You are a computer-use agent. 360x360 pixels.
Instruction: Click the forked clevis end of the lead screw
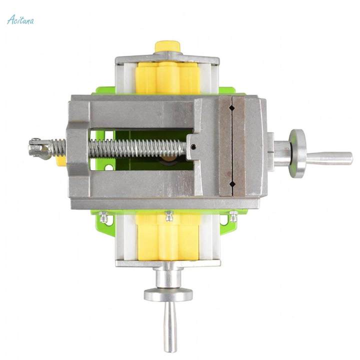40,148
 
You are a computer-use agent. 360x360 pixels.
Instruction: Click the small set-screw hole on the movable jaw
193,146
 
